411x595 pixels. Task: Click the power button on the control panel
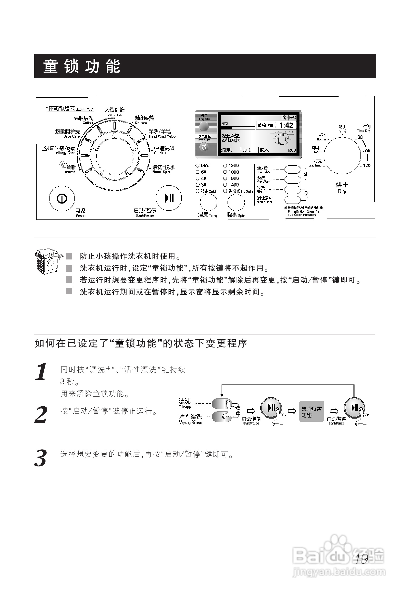(62, 198)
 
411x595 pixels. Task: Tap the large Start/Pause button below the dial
(169, 198)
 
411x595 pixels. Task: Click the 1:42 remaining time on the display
(286, 126)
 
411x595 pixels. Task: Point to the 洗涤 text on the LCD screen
(231, 138)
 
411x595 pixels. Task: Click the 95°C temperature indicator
(203, 166)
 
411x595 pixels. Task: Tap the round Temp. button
(208, 202)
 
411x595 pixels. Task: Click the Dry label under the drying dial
(342, 192)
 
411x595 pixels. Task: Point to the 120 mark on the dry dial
(366, 166)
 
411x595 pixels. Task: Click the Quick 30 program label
(163, 150)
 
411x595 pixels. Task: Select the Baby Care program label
(68, 133)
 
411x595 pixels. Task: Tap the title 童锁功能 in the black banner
(82, 66)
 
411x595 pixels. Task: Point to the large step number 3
(41, 459)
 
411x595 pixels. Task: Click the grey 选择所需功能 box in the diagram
(311, 411)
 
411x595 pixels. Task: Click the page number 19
(361, 559)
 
